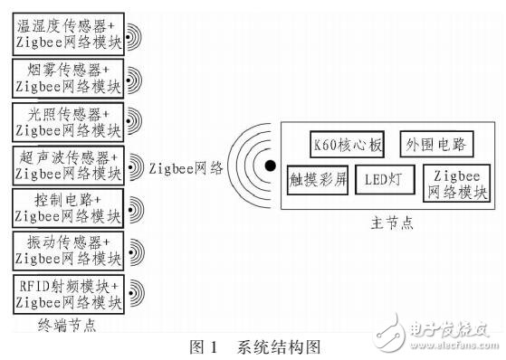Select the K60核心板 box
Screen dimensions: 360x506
point(342,144)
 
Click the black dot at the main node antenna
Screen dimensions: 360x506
point(270,166)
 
